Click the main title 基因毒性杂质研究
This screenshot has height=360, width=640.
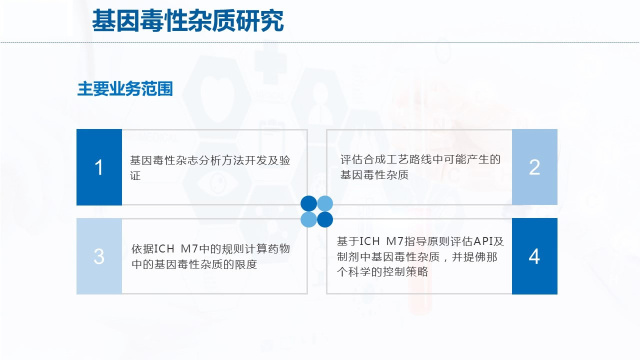pos(187,20)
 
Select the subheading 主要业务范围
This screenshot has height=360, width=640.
pos(125,88)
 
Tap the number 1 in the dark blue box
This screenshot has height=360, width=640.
pos(99,167)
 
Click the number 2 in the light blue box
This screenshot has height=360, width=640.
pos(534,167)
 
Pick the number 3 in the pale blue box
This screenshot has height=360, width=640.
pos(99,256)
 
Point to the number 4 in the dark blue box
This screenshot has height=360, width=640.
pos(534,256)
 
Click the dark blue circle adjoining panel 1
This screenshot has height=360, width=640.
pos(309,203)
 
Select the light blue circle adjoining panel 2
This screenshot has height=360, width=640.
pos(325,203)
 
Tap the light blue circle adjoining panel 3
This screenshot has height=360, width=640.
pos(309,219)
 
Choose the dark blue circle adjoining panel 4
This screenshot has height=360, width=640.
pos(325,219)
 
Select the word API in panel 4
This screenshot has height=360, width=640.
pos(483,241)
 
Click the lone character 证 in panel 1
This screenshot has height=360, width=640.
pos(135,175)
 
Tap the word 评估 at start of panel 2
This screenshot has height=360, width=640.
pos(351,159)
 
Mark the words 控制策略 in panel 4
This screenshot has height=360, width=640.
pos(405,271)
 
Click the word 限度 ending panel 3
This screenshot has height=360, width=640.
pos(246,264)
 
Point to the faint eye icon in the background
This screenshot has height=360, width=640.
pos(218,183)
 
